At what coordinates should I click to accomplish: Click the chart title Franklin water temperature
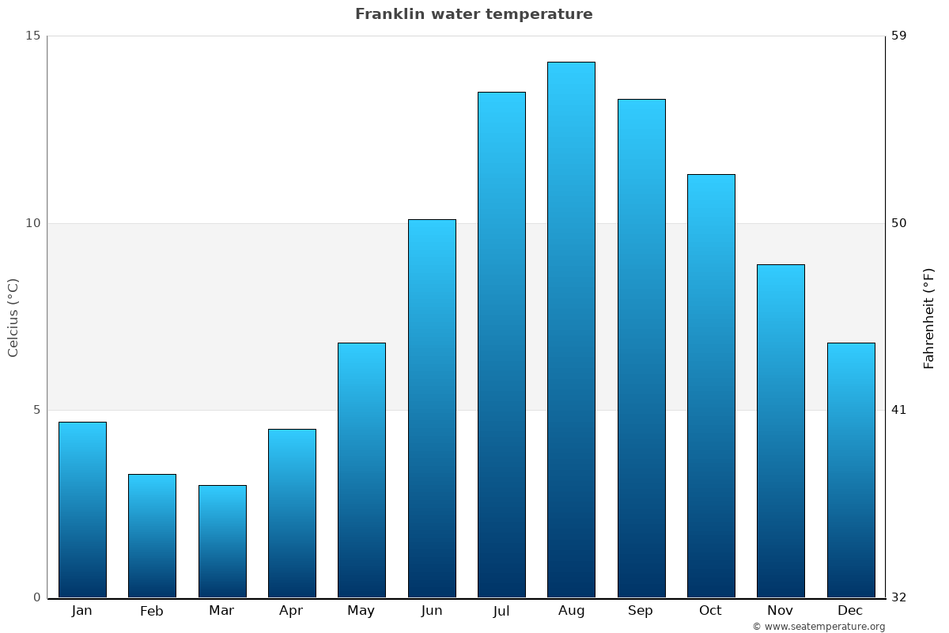pos(474,14)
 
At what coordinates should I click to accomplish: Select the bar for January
pos(82,510)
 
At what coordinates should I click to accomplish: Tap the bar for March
pos(222,541)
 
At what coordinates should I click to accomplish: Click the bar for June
pos(432,408)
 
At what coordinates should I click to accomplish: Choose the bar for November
pos(781,430)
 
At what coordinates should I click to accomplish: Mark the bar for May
pos(361,470)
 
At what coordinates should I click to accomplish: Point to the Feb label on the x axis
pos(152,611)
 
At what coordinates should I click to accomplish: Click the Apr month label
pos(291,611)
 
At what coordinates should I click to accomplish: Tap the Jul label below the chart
pos(501,611)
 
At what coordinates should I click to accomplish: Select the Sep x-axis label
pos(641,611)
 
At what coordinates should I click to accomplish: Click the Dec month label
pos(850,611)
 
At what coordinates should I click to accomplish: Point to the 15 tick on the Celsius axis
pos(32,36)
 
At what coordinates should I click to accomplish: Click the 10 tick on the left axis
pos(32,223)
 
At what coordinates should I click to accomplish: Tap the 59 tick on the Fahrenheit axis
pos(899,36)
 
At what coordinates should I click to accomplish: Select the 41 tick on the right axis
pos(899,410)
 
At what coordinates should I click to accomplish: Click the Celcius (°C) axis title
pos(13,317)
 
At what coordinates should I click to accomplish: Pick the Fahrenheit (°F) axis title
pos(929,318)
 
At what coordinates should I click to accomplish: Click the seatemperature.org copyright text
pos(819,627)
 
